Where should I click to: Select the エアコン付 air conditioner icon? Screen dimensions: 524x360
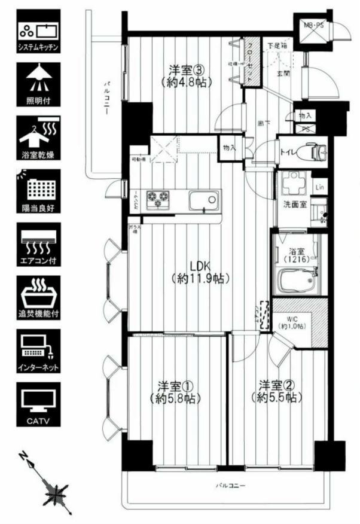pyautogui.click(x=38, y=245)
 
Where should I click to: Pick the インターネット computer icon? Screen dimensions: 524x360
pyautogui.click(x=38, y=352)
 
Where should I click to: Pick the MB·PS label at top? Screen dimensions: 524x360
pyautogui.click(x=313, y=26)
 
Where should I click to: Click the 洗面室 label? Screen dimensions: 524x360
pyautogui.click(x=295, y=205)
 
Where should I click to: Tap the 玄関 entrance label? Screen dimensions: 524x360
pyautogui.click(x=283, y=74)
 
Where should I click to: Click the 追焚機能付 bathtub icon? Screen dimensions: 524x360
pyautogui.click(x=38, y=299)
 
